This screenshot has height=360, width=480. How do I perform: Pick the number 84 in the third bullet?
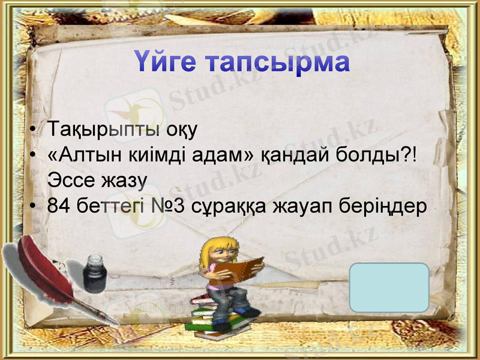click(x=59, y=206)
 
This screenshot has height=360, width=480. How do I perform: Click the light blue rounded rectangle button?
click(x=389, y=287)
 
